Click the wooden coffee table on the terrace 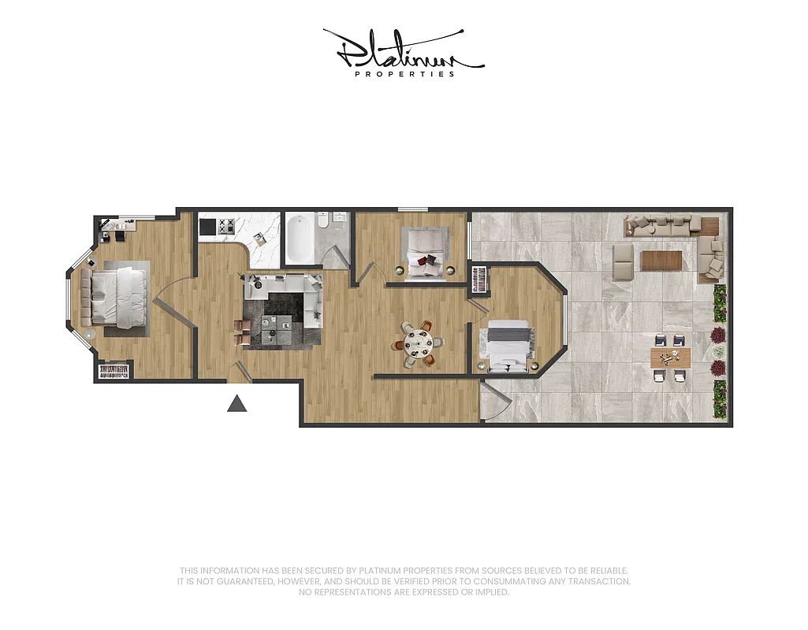(661, 260)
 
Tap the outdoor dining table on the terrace (670, 358)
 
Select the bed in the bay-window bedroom (118, 297)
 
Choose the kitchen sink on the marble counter (258, 240)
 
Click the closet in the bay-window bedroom (114, 371)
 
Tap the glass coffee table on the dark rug (279, 326)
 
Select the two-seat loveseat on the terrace (624, 261)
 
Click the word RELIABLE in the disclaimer (609, 570)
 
